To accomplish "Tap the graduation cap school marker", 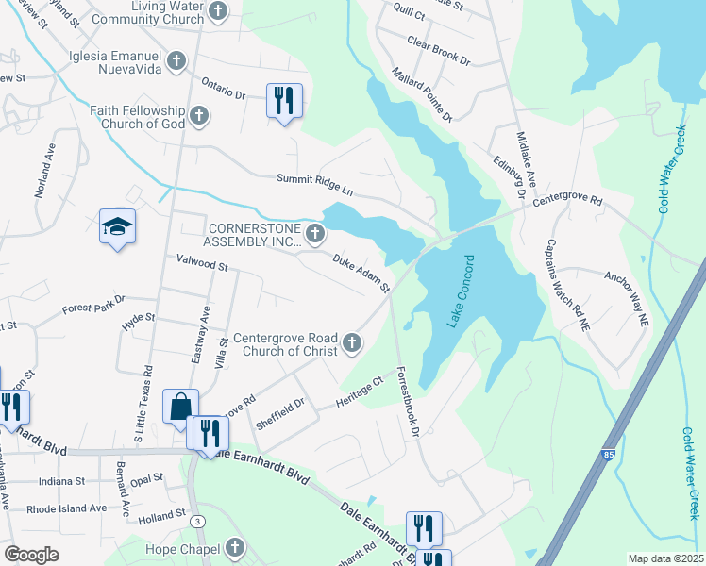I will pyautogui.click(x=118, y=227).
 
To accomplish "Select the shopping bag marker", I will pyautogui.click(x=180, y=407).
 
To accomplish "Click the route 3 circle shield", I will pyautogui.click(x=197, y=521).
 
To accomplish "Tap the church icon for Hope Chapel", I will pyautogui.click(x=234, y=548).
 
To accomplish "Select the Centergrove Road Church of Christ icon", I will pyautogui.click(x=352, y=343).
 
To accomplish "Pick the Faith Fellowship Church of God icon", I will pyautogui.click(x=197, y=116).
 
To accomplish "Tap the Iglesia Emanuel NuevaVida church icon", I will pyautogui.click(x=175, y=61).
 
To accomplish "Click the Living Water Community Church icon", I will pyautogui.click(x=218, y=11).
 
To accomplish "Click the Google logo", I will pyautogui.click(x=31, y=555).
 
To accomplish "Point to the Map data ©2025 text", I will pyautogui.click(x=666, y=558).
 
